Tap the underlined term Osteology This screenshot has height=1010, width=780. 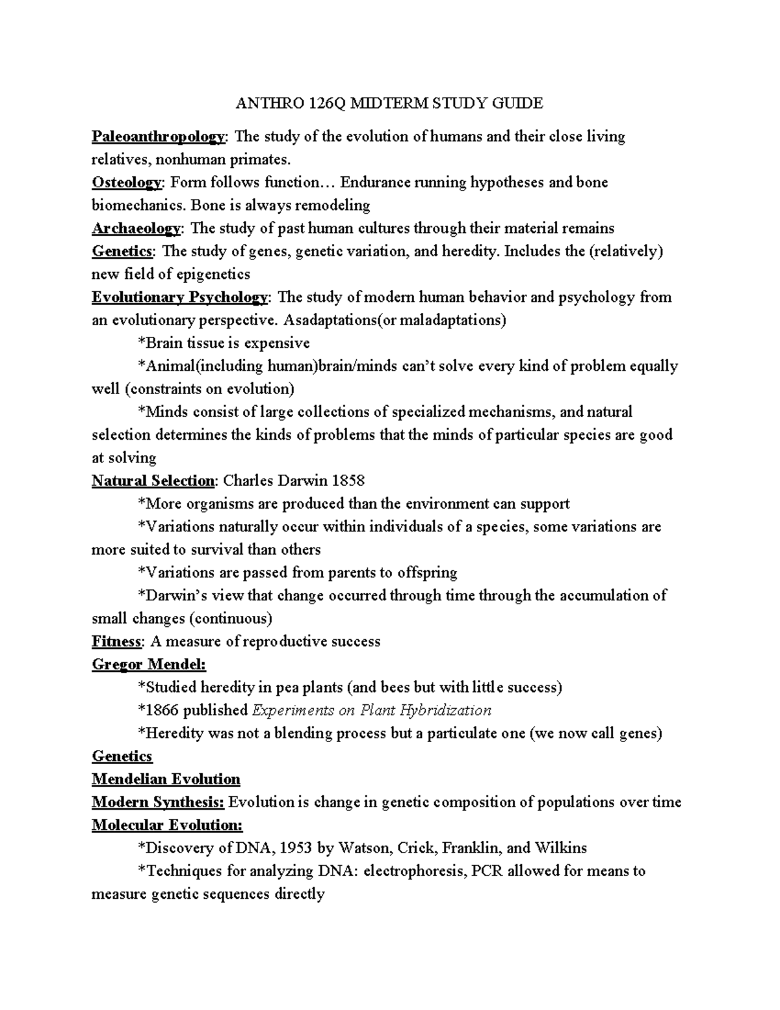pos(127,183)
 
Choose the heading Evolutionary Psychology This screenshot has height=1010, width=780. pos(179,297)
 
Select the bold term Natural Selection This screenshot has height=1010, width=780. pos(153,481)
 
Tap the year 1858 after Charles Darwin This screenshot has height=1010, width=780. pos(348,481)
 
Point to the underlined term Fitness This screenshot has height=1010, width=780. pos(116,641)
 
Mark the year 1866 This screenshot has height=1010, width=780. pos(161,710)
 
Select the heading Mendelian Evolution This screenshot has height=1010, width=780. pos(166,779)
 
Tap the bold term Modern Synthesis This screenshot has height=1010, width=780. pos(158,802)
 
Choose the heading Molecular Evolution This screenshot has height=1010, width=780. pos(167,825)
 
